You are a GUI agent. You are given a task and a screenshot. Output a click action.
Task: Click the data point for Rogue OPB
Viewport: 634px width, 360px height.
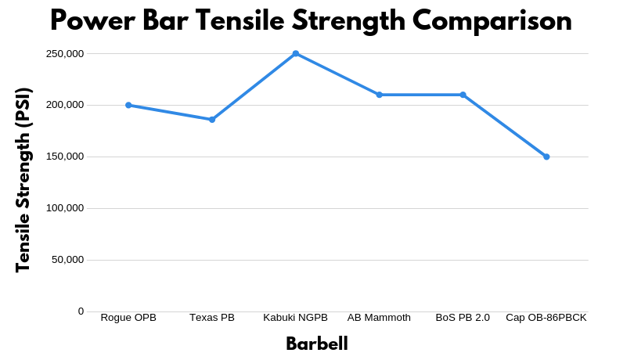128,105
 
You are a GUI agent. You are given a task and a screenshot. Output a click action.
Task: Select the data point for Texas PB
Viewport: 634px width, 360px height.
212,120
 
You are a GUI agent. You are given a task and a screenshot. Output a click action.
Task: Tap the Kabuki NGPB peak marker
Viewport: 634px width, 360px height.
296,54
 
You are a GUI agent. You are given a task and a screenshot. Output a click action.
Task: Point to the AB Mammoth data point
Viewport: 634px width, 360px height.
379,95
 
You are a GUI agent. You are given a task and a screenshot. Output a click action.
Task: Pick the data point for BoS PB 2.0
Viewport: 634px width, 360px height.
463,95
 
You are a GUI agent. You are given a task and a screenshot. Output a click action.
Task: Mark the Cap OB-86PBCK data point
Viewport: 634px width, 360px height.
546,157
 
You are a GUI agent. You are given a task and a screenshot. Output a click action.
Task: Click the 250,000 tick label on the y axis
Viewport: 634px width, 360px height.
64,54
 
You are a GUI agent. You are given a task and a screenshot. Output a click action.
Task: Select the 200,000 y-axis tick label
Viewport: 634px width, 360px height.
64,105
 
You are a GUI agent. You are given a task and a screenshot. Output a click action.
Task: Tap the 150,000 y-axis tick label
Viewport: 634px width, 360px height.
64,157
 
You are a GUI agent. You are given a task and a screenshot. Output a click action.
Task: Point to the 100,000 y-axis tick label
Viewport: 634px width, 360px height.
64,208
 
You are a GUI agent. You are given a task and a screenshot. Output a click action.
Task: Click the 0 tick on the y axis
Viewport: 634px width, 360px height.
81,311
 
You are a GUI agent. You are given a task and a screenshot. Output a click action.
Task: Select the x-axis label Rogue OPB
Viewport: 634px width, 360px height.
128,318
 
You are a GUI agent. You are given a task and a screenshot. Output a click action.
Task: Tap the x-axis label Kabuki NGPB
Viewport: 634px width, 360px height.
295,318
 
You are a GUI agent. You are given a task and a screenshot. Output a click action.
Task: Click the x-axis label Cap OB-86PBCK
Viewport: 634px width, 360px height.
546,318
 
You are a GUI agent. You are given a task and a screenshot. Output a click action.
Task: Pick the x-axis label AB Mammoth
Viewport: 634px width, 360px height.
379,318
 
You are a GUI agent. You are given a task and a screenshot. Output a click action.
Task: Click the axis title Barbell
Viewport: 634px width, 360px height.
316,344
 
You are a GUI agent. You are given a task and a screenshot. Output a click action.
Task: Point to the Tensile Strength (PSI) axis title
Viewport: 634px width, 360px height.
23,181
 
